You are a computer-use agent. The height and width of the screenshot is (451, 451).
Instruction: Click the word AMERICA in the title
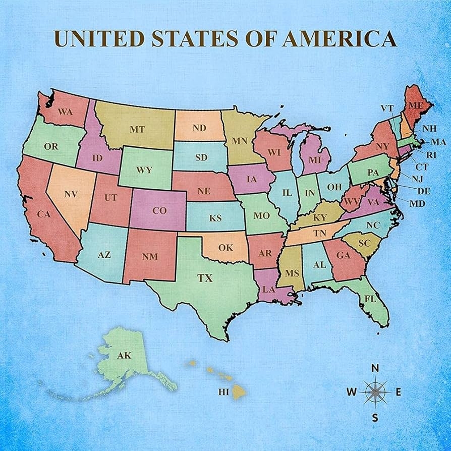339,38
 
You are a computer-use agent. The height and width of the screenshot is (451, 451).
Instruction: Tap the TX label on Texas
204,277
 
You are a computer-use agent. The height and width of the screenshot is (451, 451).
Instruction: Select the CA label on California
44,214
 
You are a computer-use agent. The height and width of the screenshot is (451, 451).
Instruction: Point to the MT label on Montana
137,130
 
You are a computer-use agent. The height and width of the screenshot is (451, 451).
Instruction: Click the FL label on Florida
371,299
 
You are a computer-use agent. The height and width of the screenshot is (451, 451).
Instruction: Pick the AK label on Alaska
124,356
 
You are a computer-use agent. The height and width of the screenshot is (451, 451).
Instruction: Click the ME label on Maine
415,105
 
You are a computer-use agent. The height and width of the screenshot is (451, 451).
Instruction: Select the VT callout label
386,108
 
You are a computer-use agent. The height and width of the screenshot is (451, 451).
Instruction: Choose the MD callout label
417,203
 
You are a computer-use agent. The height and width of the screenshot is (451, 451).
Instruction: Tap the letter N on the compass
375,368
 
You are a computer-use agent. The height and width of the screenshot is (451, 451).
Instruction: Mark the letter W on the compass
352,392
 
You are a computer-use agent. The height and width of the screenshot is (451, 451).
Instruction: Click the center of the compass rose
375,391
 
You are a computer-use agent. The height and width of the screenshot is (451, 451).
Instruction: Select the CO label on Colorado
159,211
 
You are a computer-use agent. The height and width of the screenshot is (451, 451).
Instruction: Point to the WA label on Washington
65,112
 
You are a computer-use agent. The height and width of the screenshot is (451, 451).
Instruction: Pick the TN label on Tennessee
320,233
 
